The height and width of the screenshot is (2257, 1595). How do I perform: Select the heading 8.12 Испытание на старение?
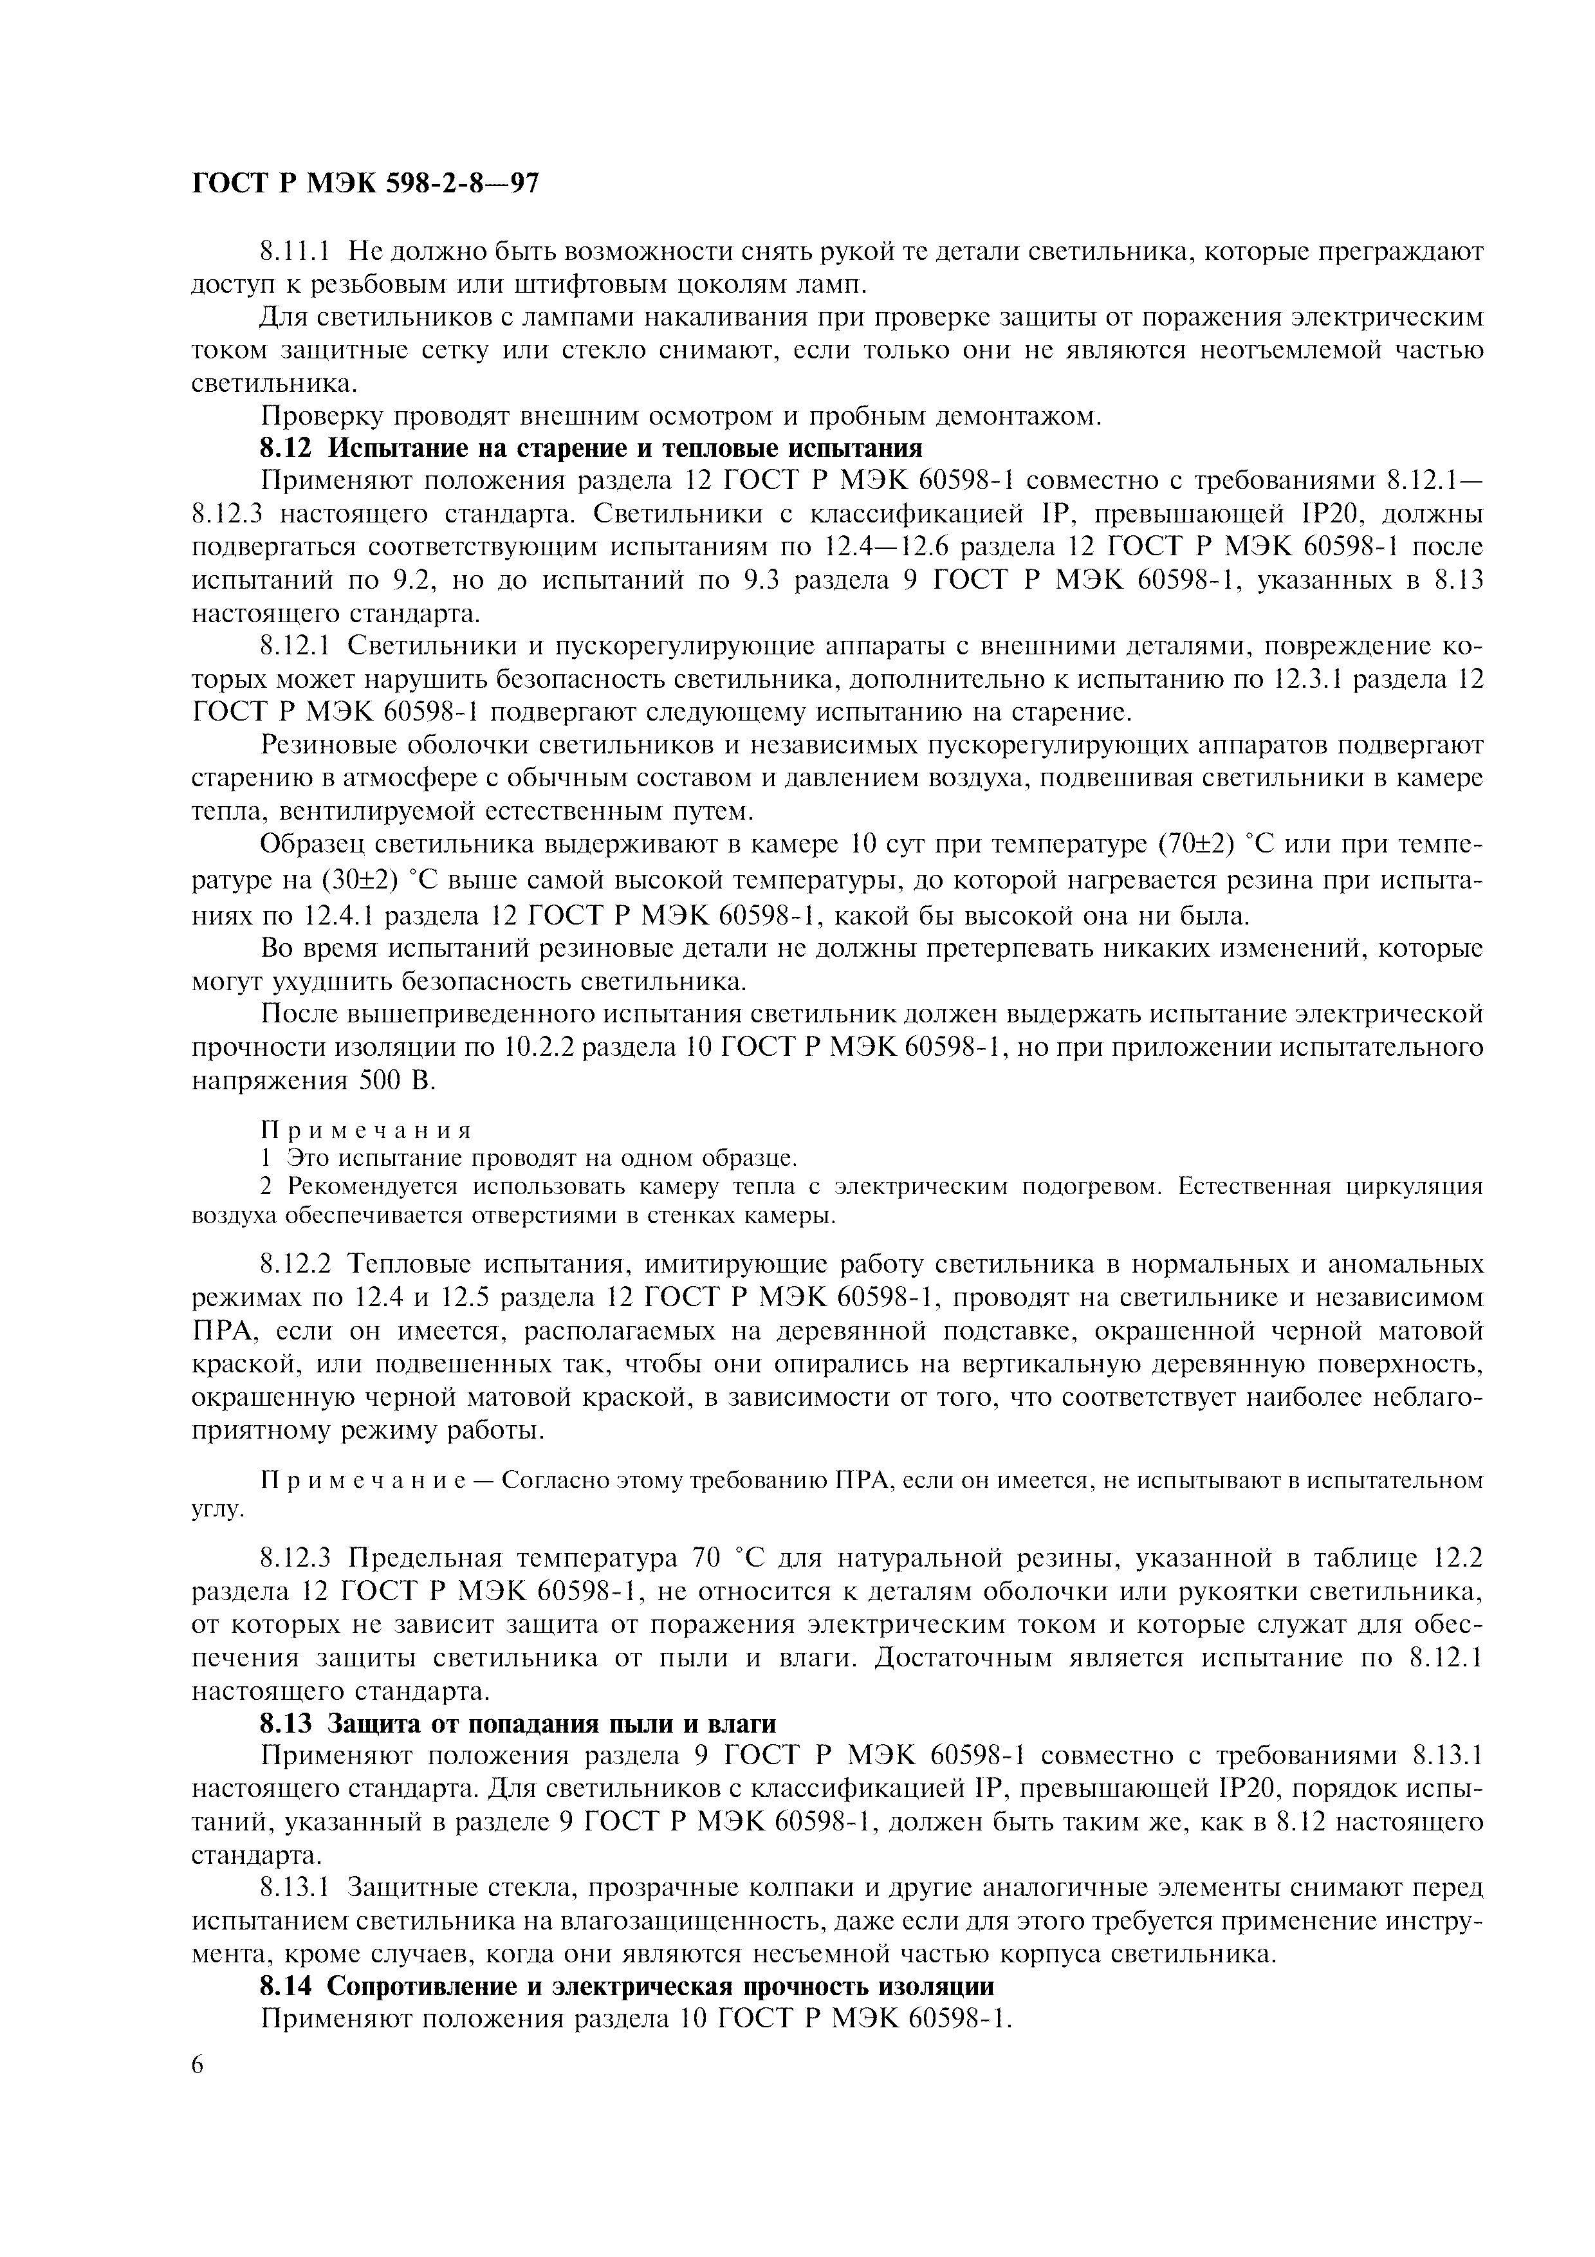[589, 448]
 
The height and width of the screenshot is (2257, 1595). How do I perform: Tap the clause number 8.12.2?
[299, 1263]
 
